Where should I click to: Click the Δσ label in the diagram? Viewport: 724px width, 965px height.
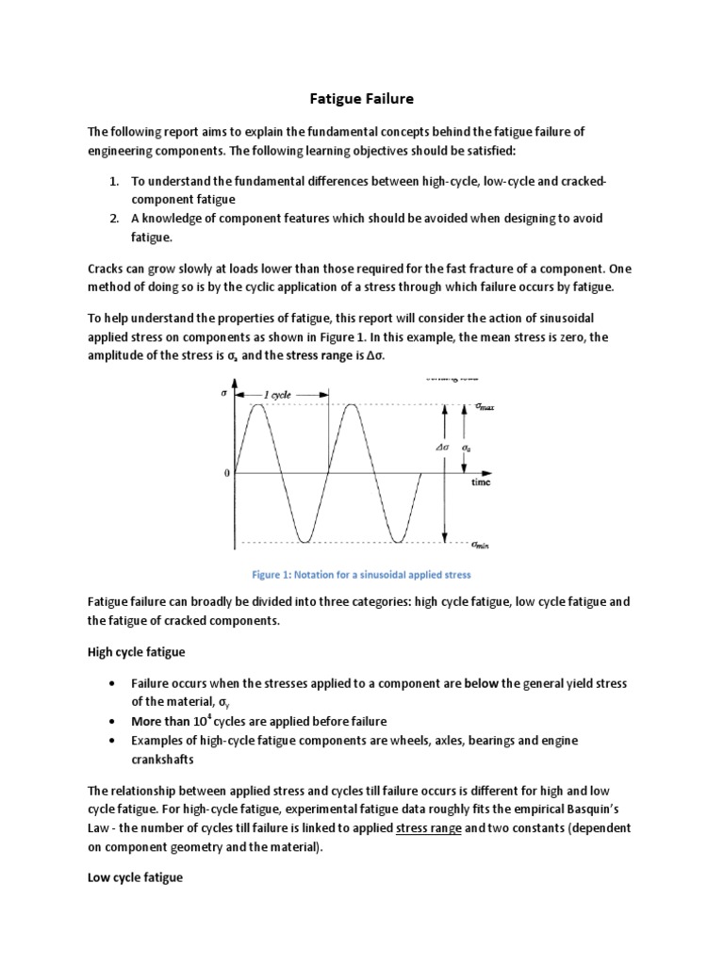point(441,449)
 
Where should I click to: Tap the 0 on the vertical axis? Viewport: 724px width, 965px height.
point(226,473)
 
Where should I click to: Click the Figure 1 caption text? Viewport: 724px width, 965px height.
point(362,573)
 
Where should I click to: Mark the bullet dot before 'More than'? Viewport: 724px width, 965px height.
point(112,721)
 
